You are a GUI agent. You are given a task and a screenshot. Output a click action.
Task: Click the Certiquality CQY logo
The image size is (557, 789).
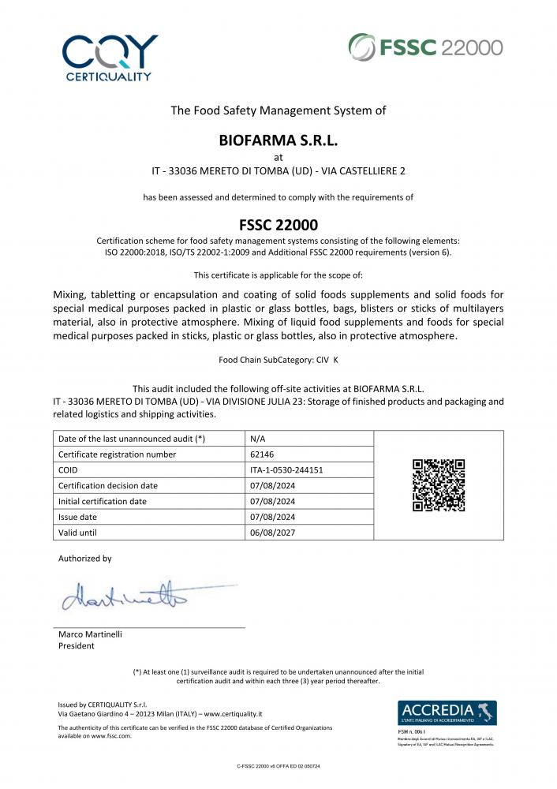110,58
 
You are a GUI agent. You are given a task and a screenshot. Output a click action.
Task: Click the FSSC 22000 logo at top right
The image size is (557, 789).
425,47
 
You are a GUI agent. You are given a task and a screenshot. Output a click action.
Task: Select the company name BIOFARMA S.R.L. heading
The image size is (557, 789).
278,141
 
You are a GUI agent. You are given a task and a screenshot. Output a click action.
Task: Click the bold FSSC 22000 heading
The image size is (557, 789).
278,224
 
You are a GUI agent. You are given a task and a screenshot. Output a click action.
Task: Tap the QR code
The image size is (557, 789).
439,485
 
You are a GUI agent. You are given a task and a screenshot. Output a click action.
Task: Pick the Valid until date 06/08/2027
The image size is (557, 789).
272,533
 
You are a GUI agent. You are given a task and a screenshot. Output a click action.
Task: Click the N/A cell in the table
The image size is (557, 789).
257,438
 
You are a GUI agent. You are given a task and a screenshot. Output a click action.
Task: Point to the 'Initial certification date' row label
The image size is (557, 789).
103,501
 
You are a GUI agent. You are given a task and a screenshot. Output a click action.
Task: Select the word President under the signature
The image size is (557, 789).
77,645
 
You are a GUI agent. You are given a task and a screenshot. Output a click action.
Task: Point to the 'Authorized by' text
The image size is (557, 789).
85,559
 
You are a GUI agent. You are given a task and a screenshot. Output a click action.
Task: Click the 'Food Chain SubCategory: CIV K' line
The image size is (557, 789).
278,360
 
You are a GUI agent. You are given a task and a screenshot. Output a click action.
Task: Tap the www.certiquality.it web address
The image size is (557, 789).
234,712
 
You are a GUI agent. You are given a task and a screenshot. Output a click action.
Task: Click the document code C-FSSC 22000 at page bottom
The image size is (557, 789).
278,766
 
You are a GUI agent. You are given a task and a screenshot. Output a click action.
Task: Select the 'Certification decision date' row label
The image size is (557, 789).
108,485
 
